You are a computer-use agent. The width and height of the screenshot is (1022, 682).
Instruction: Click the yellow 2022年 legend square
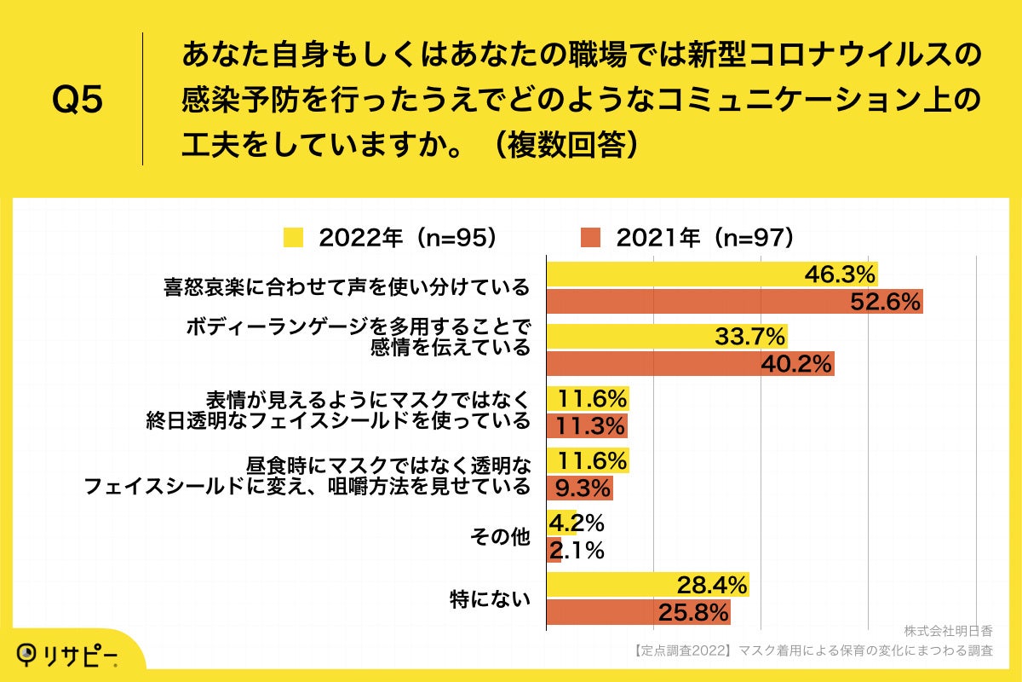pos(293,238)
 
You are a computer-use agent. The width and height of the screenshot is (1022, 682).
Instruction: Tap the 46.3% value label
pos(841,275)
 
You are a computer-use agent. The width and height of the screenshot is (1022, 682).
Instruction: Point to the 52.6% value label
pos(886,302)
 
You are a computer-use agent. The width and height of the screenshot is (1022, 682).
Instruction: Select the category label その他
pos(500,537)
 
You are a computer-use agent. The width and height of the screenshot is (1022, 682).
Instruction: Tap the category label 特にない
pos(490,598)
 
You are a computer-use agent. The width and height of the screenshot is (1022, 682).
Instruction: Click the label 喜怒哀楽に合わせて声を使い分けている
pos(347,287)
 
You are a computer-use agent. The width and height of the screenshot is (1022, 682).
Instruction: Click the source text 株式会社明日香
pos(948,632)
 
